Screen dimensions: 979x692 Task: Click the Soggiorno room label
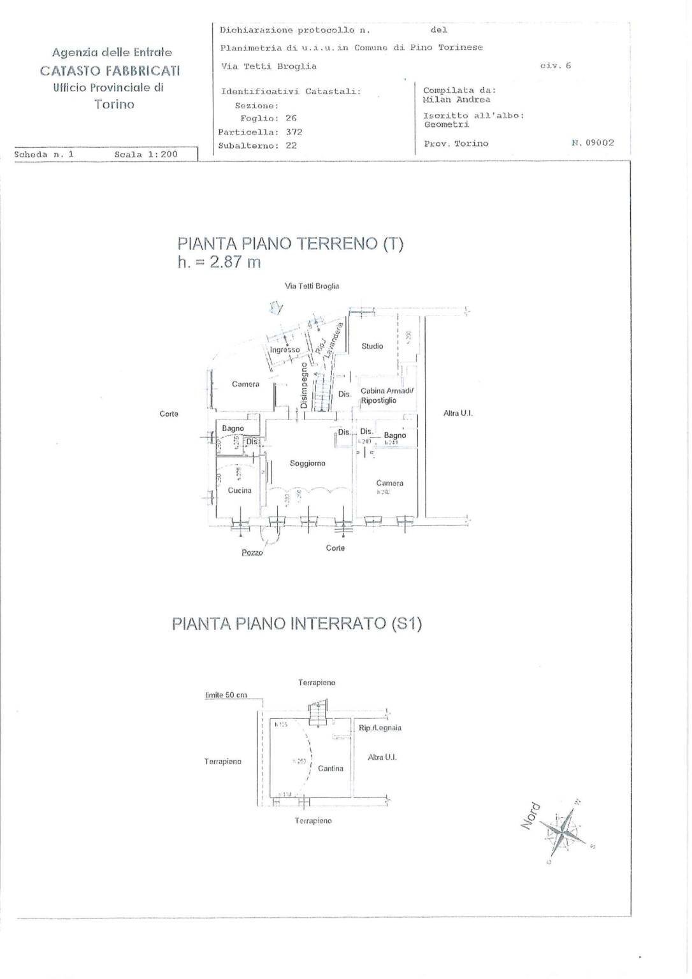pyautogui.click(x=307, y=463)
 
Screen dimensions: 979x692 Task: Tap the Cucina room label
pyautogui.click(x=240, y=490)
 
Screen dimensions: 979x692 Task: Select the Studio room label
pyautogui.click(x=372, y=346)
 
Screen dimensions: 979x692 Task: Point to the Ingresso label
pyautogui.click(x=284, y=350)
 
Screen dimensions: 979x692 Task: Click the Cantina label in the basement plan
pyautogui.click(x=330, y=769)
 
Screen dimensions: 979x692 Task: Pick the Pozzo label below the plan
pyautogui.click(x=252, y=553)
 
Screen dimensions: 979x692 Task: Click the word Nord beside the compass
pyautogui.click(x=530, y=816)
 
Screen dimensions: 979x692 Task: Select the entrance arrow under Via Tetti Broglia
pyautogui.click(x=276, y=308)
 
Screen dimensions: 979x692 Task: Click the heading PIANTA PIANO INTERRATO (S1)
pyautogui.click(x=296, y=623)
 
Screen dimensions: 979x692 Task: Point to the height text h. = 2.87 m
pyautogui.click(x=219, y=262)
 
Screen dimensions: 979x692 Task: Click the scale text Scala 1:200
pyautogui.click(x=146, y=154)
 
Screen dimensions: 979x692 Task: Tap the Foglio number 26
pyautogui.click(x=291, y=119)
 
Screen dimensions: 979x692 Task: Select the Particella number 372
pyautogui.click(x=294, y=132)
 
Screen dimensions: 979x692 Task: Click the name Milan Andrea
pyautogui.click(x=456, y=99)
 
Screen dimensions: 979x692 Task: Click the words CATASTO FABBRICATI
pyautogui.click(x=110, y=70)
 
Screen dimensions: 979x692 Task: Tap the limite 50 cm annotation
pyautogui.click(x=226, y=695)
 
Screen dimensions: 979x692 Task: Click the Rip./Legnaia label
pyautogui.click(x=380, y=728)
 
